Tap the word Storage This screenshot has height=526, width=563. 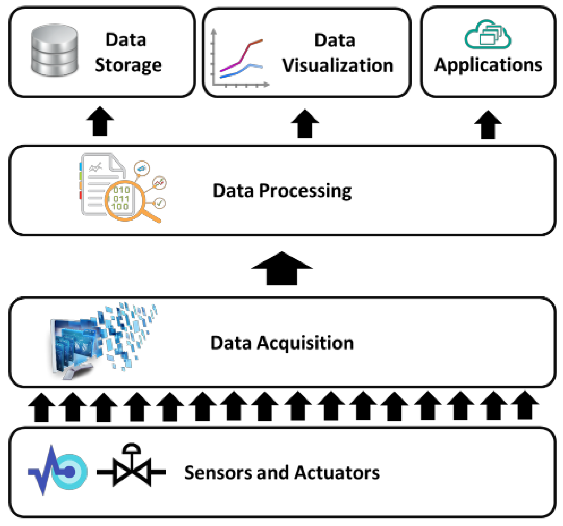tap(128, 65)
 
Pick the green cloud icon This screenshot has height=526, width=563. tap(487, 34)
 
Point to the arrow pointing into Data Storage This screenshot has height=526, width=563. tap(100, 121)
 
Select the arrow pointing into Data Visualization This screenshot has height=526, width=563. tap(305, 123)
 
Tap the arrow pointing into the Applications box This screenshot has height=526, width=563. tap(488, 125)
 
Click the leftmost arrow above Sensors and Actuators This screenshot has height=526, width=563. tap(42, 407)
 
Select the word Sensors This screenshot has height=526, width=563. tap(218, 473)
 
